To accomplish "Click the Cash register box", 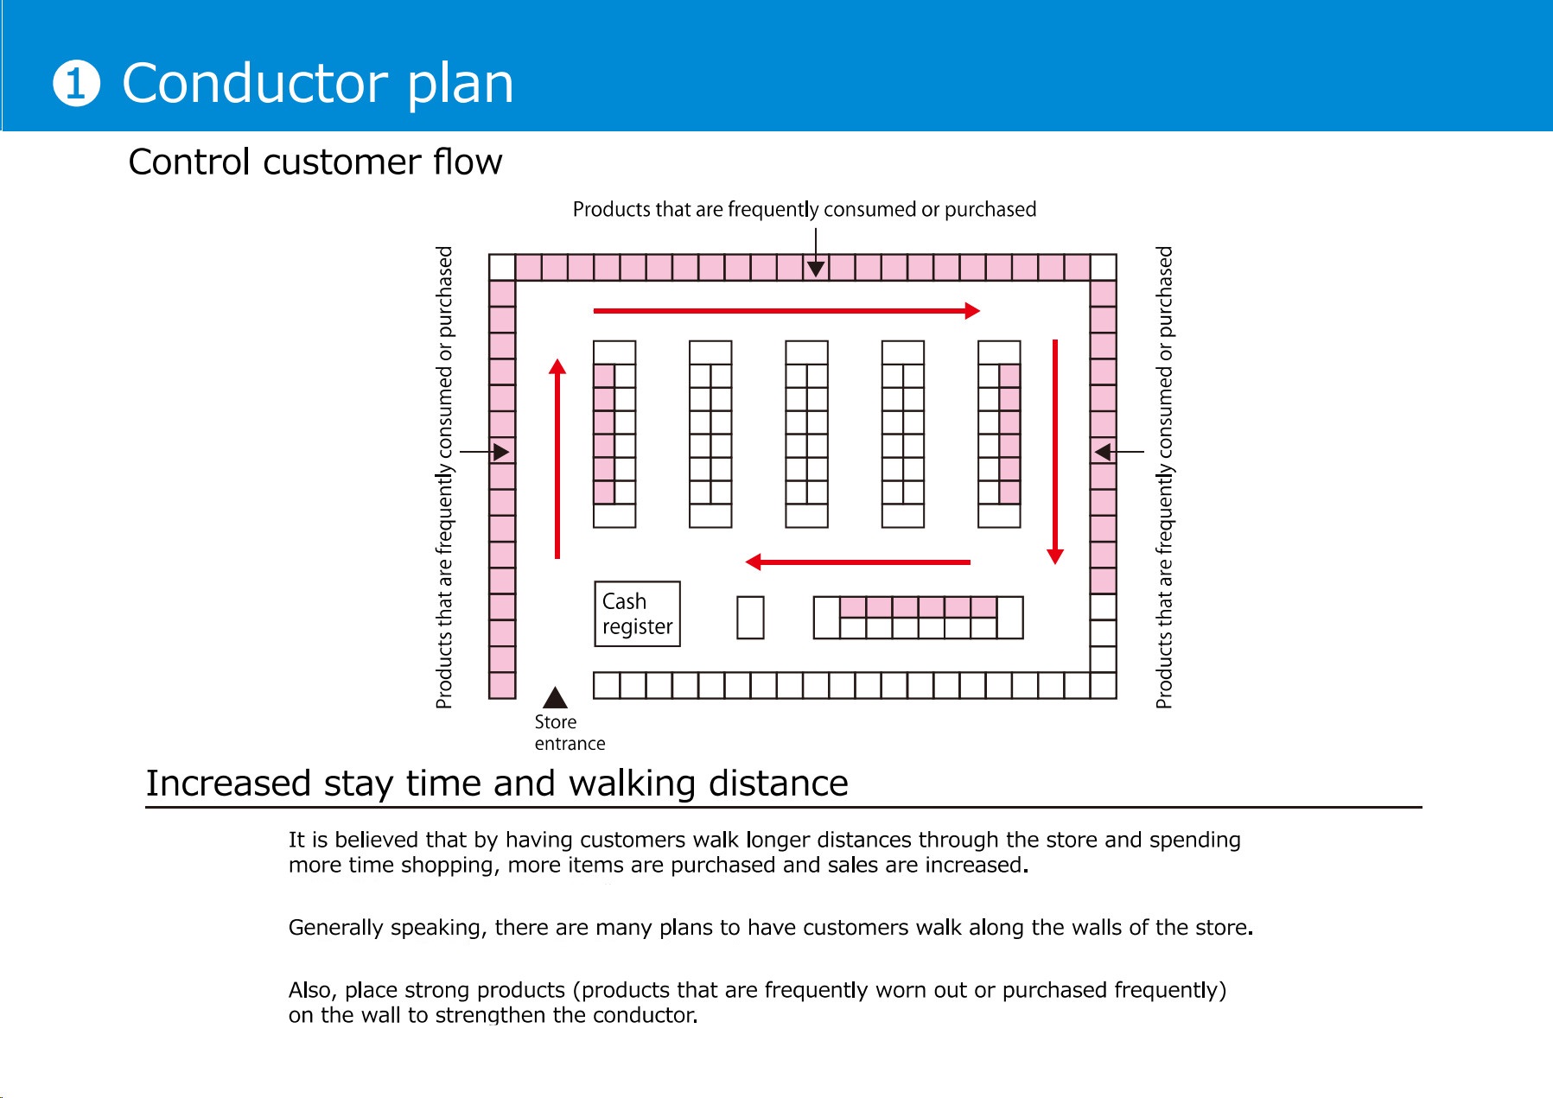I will (637, 613).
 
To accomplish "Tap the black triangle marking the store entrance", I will (555, 698).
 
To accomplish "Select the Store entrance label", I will (569, 733).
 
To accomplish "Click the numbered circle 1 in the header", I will (76, 84).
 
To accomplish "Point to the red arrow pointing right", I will (786, 311).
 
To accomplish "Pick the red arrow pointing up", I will (557, 458).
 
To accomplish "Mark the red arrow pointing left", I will (857, 562).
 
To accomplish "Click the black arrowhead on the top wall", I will (816, 269).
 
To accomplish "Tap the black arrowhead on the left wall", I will (500, 452).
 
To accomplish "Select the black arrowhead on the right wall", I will (1103, 452).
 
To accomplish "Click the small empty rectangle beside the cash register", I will (750, 618).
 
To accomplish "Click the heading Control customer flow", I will (315, 162).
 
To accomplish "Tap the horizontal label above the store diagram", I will (804, 210).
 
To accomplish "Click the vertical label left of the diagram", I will (444, 477).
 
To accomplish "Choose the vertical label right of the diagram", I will (1164, 477).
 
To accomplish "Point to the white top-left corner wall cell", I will (502, 268).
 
